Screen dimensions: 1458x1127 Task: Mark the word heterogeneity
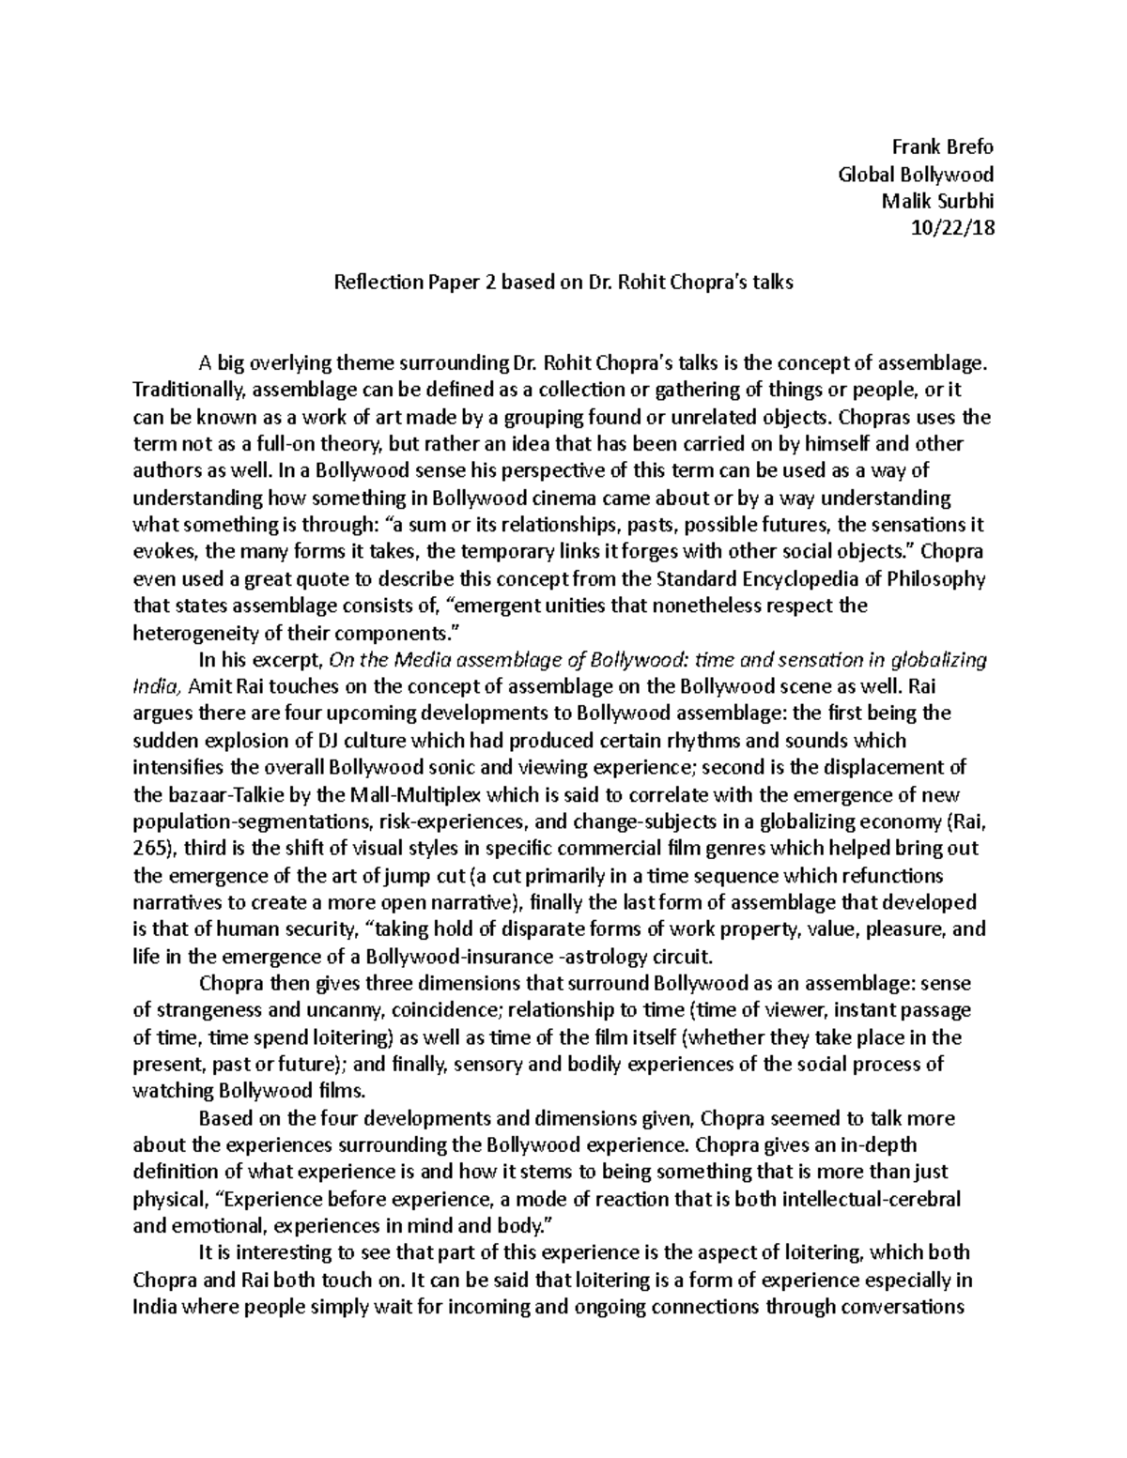[x=191, y=633]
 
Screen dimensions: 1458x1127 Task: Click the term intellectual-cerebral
[x=863, y=1201]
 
